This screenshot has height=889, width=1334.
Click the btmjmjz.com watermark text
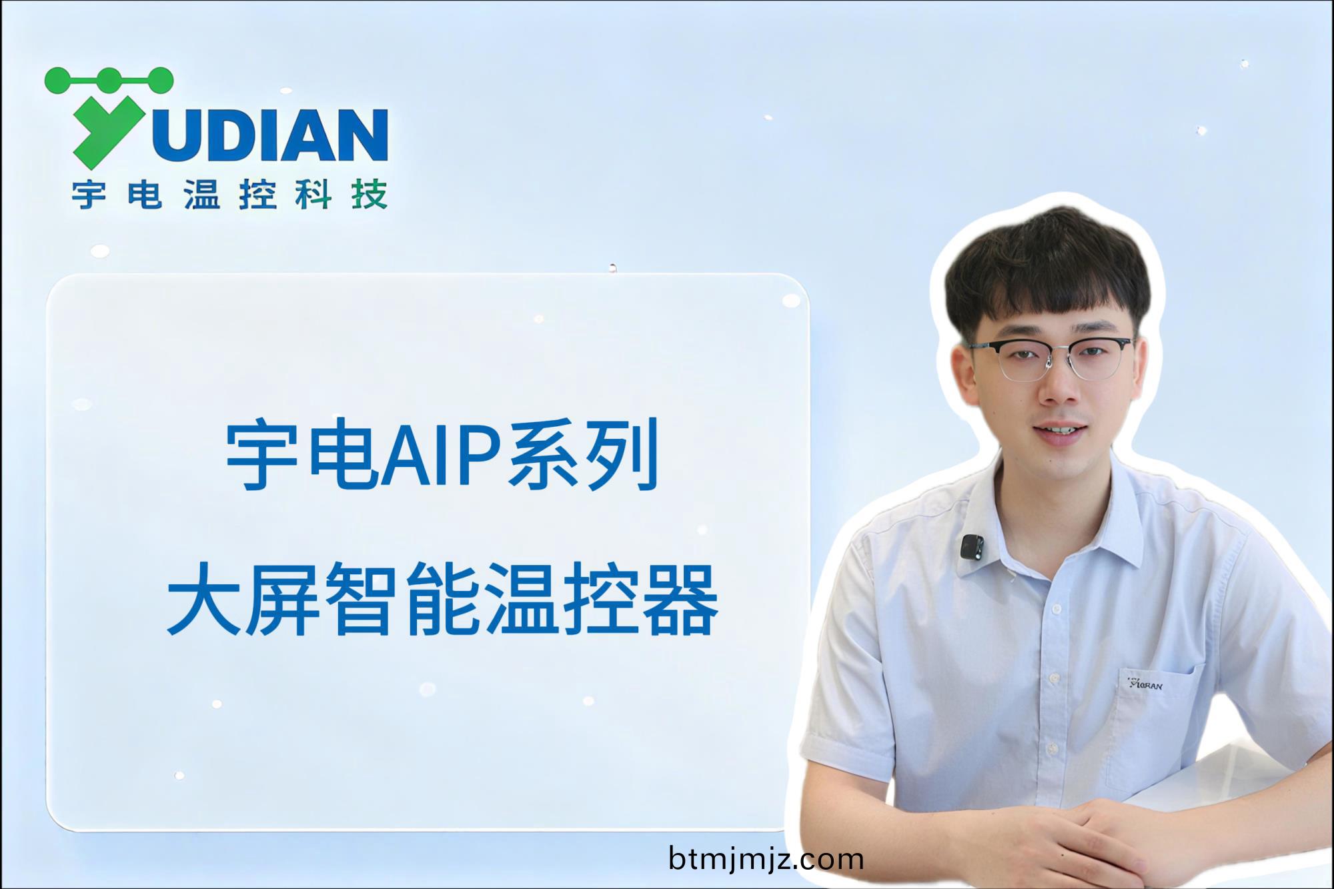pos(766,859)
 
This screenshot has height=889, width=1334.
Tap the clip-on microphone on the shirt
pos(971,546)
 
